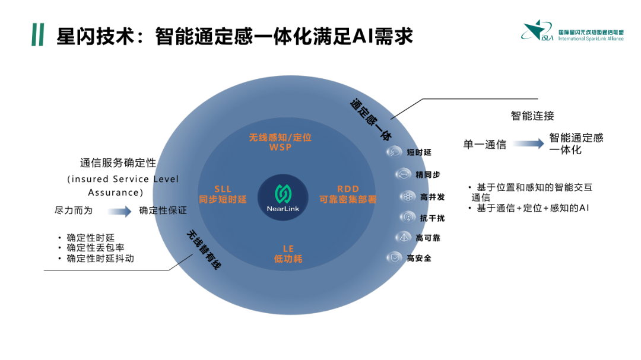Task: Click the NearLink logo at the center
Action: pyautogui.click(x=283, y=197)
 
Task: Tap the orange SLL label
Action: pyautogui.click(x=223, y=189)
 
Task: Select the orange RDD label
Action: pyautogui.click(x=348, y=189)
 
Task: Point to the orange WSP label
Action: pyautogui.click(x=280, y=147)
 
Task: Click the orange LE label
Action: pyautogui.click(x=288, y=249)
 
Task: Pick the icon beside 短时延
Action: pyautogui.click(x=395, y=152)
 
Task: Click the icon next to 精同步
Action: pyautogui.click(x=403, y=174)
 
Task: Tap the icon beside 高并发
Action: pyautogui.click(x=408, y=196)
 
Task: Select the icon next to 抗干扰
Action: pyautogui.click(x=408, y=218)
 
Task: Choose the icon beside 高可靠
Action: pyautogui.click(x=404, y=237)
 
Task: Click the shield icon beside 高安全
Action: pyautogui.click(x=395, y=258)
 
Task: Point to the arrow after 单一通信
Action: pyautogui.click(x=528, y=144)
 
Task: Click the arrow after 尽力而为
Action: pyautogui.click(x=119, y=211)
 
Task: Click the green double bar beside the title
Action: pyautogui.click(x=37, y=35)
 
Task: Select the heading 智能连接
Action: pyautogui.click(x=532, y=116)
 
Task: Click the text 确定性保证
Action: pyautogui.click(x=163, y=211)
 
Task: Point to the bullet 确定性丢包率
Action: pyautogui.click(x=95, y=248)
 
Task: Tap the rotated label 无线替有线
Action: pyautogui.click(x=204, y=250)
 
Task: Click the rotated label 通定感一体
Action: pyautogui.click(x=371, y=119)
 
